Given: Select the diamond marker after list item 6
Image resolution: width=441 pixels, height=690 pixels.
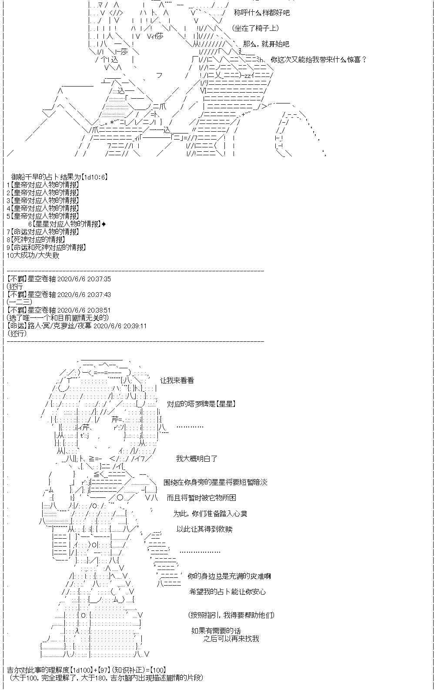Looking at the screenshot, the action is coord(103,224).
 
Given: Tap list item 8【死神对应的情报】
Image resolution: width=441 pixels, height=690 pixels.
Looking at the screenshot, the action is coord(36,240).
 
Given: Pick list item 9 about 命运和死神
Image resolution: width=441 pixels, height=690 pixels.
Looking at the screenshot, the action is coord(47,247).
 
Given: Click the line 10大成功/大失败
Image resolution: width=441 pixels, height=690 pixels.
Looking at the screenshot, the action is coord(33,255).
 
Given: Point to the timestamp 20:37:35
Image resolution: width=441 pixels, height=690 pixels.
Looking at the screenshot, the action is coord(84,279).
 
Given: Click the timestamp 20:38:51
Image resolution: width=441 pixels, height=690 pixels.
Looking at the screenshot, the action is coord(84,310).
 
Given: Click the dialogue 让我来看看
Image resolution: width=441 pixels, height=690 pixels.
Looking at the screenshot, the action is coord(177,380).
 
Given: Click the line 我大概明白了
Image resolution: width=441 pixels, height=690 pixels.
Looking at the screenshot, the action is coord(197,459).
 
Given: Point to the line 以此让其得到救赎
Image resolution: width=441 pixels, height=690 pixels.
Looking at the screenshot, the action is coord(204,529).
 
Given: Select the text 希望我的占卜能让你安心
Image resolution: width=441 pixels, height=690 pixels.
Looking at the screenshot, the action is coord(227,592).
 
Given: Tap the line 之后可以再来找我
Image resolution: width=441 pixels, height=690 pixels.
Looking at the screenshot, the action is coord(231,639).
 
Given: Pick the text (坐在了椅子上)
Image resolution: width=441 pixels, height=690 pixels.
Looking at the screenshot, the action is coord(255,28).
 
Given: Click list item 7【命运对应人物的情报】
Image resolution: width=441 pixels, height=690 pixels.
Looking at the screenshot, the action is coord(43,232).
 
